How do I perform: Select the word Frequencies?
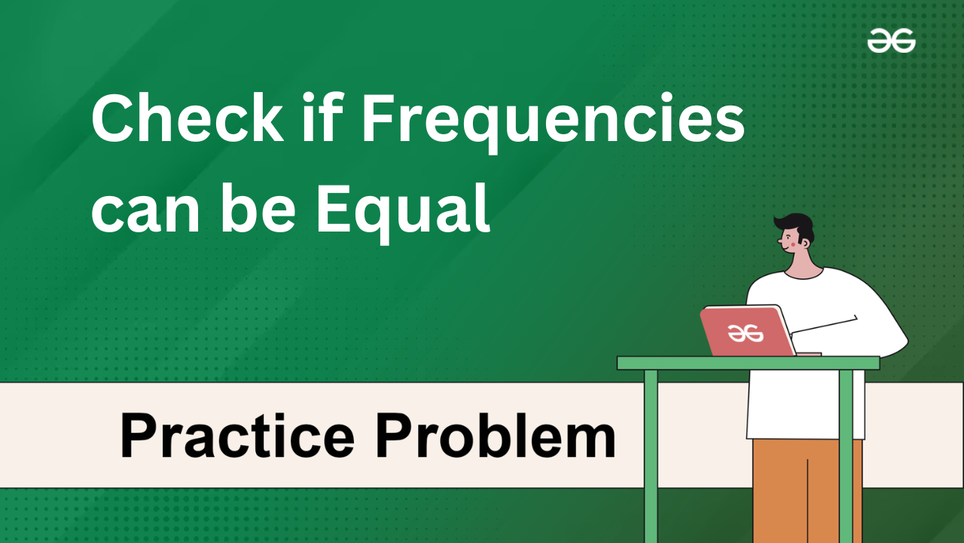click(x=554, y=123)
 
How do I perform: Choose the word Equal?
click(x=403, y=213)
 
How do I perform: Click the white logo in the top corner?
click(x=891, y=41)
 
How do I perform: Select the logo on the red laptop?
click(x=745, y=333)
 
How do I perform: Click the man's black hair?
click(x=796, y=226)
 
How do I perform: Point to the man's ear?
click(x=806, y=244)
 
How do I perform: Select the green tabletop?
click(x=748, y=363)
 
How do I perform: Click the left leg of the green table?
click(x=651, y=456)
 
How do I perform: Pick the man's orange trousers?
click(x=807, y=491)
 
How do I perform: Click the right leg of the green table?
click(x=846, y=456)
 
